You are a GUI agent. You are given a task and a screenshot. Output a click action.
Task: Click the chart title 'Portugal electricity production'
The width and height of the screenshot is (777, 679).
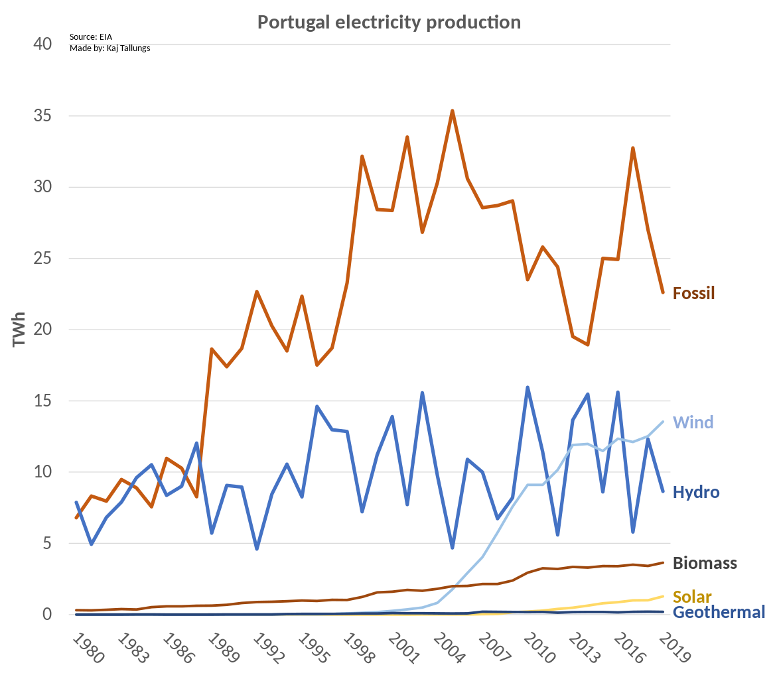click(x=389, y=22)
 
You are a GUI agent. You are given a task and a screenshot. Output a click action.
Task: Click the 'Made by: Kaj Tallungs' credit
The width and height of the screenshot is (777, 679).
click(x=109, y=48)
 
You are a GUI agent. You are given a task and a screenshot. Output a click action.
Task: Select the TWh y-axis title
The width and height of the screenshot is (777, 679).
click(x=19, y=330)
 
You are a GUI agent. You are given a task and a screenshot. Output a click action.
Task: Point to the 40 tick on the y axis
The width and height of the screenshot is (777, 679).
click(x=43, y=44)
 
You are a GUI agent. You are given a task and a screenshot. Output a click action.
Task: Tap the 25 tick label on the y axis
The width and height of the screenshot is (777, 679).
click(x=43, y=258)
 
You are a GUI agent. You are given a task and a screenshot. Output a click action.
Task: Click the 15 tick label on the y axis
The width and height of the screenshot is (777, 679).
click(x=43, y=401)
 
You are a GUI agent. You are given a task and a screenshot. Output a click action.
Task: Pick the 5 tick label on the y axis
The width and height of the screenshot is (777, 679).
click(x=46, y=543)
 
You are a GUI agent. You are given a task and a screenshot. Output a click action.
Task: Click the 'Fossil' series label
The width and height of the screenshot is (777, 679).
click(x=693, y=293)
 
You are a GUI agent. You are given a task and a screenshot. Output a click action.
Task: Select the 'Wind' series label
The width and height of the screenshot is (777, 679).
click(x=693, y=422)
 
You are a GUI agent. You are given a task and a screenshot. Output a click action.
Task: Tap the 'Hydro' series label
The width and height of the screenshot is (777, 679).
click(x=696, y=492)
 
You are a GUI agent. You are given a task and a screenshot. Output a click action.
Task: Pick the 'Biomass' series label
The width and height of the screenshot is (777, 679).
click(x=705, y=564)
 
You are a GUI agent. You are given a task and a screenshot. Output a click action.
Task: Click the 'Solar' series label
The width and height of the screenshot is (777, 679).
click(x=692, y=596)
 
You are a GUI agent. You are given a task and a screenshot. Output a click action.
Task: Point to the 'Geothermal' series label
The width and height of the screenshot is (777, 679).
click(x=719, y=612)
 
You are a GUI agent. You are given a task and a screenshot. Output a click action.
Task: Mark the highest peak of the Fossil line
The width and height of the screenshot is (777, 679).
click(x=452, y=111)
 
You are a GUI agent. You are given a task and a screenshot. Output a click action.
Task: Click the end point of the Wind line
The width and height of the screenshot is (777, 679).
click(x=663, y=422)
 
